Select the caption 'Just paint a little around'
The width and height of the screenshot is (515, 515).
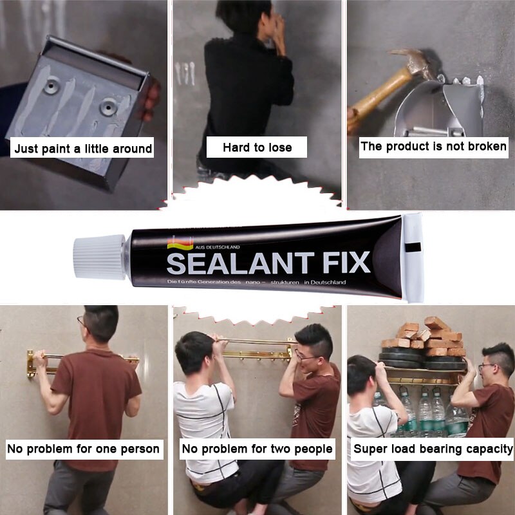84,149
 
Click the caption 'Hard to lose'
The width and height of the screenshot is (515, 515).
257,147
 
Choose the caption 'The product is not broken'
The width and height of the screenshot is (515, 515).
433,146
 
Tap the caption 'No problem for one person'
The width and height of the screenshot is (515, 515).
84,449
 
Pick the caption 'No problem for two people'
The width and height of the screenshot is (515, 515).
257,449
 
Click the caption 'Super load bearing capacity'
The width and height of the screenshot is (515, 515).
433,449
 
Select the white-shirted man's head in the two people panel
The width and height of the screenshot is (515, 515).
194,351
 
